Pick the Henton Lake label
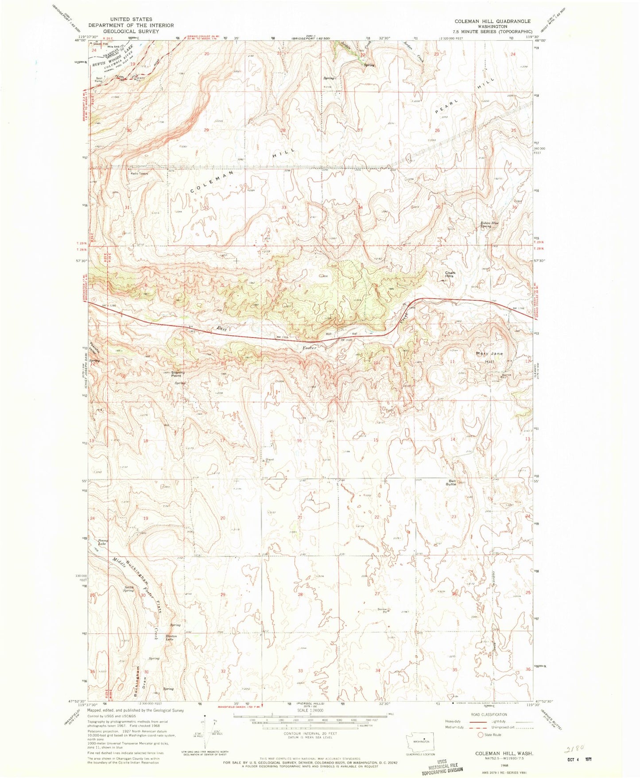(171, 638)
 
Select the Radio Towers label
(139, 173)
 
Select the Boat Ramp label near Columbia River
(99, 80)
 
